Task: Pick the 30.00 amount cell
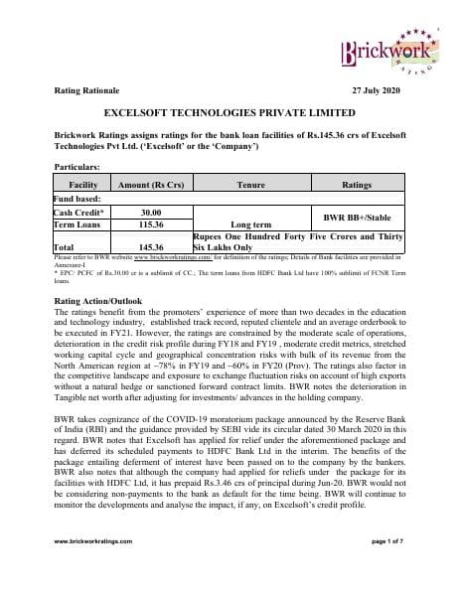(151, 212)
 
